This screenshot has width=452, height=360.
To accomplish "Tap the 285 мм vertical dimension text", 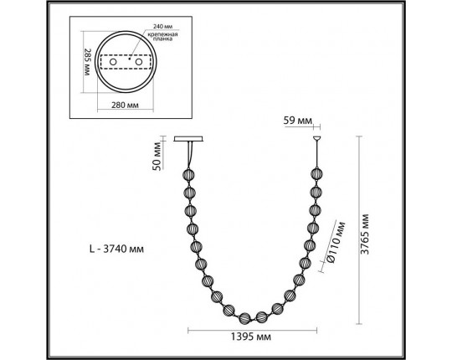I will (x=86, y=61).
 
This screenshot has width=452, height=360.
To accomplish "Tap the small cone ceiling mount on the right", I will (x=316, y=139).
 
